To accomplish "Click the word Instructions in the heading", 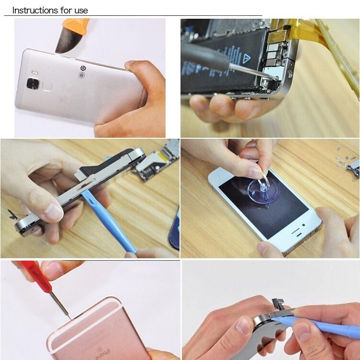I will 33,10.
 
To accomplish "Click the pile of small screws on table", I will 348,158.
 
